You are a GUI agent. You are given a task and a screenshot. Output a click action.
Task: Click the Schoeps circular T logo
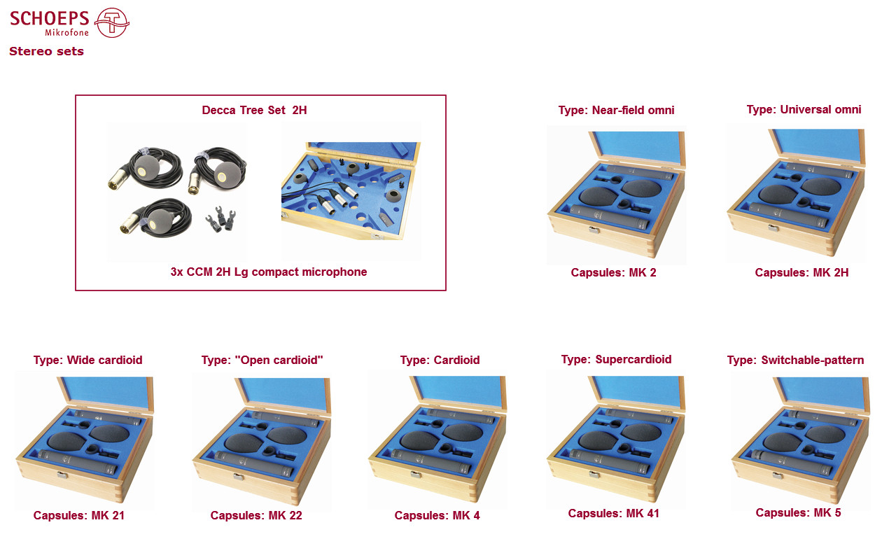pyautogui.click(x=111, y=23)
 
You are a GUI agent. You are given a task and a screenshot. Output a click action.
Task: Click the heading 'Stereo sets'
pyautogui.click(x=46, y=52)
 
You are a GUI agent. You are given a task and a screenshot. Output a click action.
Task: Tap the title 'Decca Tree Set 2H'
pyautogui.click(x=254, y=110)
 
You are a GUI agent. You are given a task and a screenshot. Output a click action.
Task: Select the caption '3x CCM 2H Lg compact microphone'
pyautogui.click(x=269, y=272)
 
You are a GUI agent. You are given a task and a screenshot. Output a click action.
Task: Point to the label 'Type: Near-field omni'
pyautogui.click(x=617, y=110)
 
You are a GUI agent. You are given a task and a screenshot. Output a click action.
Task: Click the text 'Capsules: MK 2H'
pyautogui.click(x=801, y=272)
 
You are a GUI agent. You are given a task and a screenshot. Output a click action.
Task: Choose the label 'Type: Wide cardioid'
pyautogui.click(x=88, y=360)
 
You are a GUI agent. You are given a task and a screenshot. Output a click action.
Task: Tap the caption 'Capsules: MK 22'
pyautogui.click(x=256, y=515)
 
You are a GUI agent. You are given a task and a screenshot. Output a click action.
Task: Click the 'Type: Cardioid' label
pyautogui.click(x=440, y=360)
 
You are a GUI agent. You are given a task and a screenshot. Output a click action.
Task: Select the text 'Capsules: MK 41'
pyautogui.click(x=614, y=513)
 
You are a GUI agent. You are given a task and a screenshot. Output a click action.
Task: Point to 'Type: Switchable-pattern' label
pyautogui.click(x=796, y=360)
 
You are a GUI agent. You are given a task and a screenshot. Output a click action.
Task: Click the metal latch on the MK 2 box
pyautogui.click(x=594, y=230)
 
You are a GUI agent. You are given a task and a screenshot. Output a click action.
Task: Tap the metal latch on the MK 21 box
pyautogui.click(x=62, y=475)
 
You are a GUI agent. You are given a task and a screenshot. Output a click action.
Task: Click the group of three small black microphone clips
pyautogui.click(x=220, y=219)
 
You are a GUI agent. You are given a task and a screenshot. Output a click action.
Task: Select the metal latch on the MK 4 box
pyautogui.click(x=416, y=475)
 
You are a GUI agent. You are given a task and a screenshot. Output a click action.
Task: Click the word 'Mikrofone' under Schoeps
pyautogui.click(x=66, y=32)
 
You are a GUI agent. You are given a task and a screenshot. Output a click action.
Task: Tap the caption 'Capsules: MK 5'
pyautogui.click(x=799, y=513)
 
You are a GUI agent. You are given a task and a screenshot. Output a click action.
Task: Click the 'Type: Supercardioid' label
pyautogui.click(x=617, y=359)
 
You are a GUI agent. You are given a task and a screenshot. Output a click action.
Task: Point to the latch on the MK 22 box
pyautogui.click(x=239, y=477)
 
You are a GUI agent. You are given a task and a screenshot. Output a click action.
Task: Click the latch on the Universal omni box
pyautogui.click(x=774, y=228)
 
